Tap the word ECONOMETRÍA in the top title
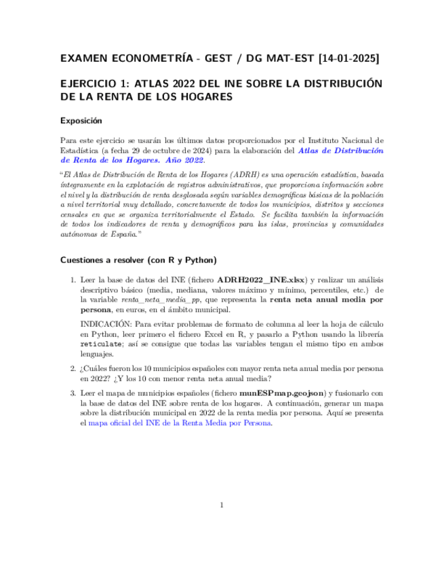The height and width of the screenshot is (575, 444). click(150, 59)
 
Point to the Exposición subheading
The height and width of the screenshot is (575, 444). click(81, 121)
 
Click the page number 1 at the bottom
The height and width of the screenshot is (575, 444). click(222, 505)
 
